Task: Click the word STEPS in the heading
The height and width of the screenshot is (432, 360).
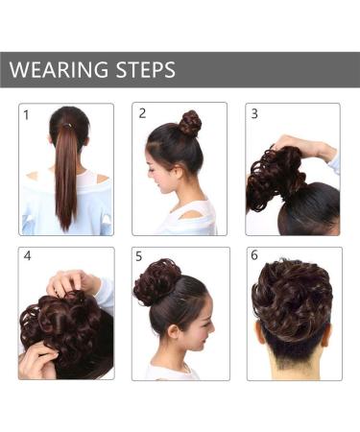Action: tap(143, 70)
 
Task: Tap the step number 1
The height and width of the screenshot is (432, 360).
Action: tap(27, 115)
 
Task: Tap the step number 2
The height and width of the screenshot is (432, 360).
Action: tap(142, 113)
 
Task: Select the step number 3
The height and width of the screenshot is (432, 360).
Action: tap(254, 113)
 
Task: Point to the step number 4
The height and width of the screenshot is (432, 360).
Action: tap(28, 256)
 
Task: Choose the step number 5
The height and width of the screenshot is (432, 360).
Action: tap(140, 256)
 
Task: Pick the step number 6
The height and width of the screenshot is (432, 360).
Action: tap(254, 255)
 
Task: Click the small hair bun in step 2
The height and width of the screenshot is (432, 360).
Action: tap(190, 122)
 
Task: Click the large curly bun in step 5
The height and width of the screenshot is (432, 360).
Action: tap(156, 282)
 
